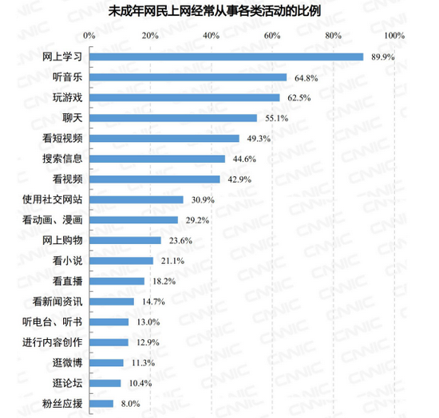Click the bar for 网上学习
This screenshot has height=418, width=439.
click(x=226, y=57)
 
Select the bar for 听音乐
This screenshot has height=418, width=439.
click(x=188, y=77)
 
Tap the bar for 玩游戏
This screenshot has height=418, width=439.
click(x=184, y=97)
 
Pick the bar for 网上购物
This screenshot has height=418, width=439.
click(x=125, y=240)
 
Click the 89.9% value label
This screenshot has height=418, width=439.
click(x=379, y=57)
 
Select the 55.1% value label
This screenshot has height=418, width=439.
click(x=273, y=118)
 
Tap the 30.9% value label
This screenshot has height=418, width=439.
click(x=199, y=199)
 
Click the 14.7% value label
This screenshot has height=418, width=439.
click(x=148, y=302)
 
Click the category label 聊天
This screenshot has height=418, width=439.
click(x=73, y=118)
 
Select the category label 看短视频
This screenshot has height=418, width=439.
click(x=63, y=138)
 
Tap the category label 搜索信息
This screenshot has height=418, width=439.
click(x=63, y=159)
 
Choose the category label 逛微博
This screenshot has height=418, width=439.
click(x=68, y=363)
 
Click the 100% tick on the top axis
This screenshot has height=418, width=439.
click(x=394, y=36)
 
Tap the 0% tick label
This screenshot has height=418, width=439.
click(x=89, y=36)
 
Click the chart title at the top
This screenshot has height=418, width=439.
click(x=219, y=12)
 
